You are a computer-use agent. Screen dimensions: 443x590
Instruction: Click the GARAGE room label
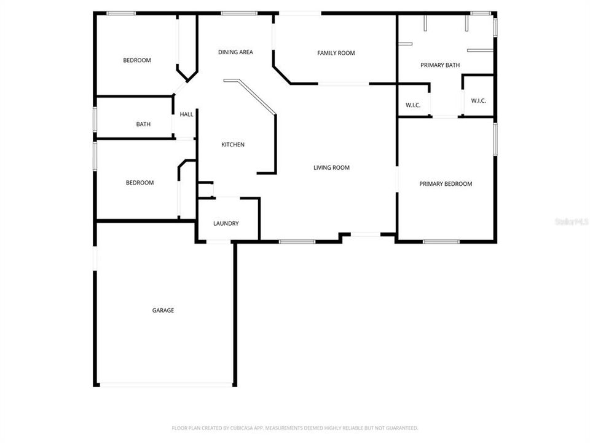(x=163, y=310)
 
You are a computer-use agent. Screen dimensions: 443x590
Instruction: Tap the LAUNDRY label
(x=226, y=223)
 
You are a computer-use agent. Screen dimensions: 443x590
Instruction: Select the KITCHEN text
(x=233, y=145)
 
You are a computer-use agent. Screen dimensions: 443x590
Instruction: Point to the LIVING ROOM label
(x=331, y=167)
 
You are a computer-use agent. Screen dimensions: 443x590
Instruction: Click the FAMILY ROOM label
(x=336, y=53)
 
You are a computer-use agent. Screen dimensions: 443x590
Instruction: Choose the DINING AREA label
(x=235, y=52)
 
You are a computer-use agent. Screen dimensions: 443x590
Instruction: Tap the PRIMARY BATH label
(x=439, y=65)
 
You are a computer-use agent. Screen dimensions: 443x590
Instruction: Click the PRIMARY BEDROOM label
(x=446, y=184)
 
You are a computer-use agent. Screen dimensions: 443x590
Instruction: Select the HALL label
(x=186, y=114)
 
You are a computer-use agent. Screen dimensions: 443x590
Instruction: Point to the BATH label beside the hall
(x=143, y=124)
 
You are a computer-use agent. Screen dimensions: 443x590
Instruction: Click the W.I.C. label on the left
(x=412, y=105)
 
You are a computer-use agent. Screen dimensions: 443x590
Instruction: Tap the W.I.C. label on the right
(x=479, y=100)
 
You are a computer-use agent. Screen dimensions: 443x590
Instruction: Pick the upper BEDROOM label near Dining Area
(x=136, y=60)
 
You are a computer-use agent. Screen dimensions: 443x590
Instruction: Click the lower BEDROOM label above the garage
(x=140, y=183)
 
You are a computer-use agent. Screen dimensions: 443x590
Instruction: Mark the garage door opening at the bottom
(x=166, y=385)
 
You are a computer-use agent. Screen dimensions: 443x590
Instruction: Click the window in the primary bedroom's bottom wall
(x=441, y=241)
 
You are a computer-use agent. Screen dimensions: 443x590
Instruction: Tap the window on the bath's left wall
(x=95, y=119)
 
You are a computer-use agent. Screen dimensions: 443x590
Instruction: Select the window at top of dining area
(x=238, y=13)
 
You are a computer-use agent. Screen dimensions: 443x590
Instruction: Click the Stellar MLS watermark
(x=571, y=220)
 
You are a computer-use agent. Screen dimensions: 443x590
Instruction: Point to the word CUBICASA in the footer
(x=238, y=428)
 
